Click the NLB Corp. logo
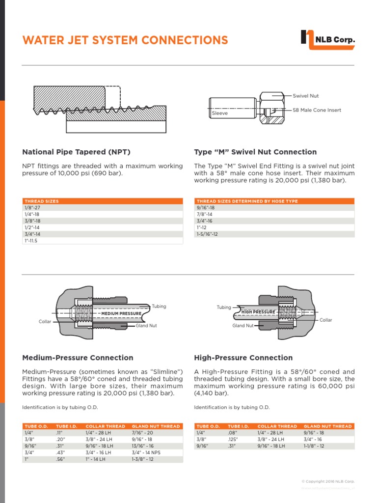coord(327,40)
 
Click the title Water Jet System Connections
coord(125,40)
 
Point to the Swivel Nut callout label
coord(306,96)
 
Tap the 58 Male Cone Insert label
coord(317,110)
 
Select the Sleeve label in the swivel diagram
coord(219,113)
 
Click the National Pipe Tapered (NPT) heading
coord(77,152)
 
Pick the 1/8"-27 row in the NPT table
coord(32,208)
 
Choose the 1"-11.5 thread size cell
coord(31,241)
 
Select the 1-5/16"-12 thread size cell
coord(207,234)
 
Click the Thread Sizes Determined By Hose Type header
coord(247,201)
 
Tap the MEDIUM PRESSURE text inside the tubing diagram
coord(121,313)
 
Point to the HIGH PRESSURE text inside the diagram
coord(258,312)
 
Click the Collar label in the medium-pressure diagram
coord(45,322)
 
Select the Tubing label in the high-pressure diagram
coord(223,307)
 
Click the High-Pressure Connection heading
coord(243,358)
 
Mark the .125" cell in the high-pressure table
coord(233,440)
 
